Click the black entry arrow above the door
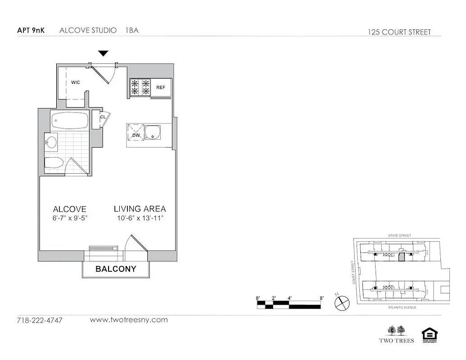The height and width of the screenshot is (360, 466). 104,54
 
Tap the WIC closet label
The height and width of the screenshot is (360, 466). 76,83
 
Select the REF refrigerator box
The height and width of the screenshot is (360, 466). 161,87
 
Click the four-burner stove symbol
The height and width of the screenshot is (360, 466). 140,87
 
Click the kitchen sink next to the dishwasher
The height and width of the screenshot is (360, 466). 155,132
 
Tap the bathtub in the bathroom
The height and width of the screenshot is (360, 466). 69,121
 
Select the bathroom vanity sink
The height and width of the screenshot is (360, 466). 51,143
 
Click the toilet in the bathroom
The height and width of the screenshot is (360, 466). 54,163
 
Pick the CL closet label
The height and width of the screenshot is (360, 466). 103,117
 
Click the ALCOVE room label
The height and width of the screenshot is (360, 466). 69,209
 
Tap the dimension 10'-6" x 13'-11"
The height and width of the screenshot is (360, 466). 139,218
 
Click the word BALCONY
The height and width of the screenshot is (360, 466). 116,269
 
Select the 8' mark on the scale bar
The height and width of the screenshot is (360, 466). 321,298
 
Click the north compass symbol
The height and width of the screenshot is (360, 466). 342,303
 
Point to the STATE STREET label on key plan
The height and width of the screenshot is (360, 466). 400,235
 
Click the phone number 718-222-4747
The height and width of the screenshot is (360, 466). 40,320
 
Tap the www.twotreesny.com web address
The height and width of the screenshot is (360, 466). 129,320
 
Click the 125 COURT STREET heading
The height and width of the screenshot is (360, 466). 399,32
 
